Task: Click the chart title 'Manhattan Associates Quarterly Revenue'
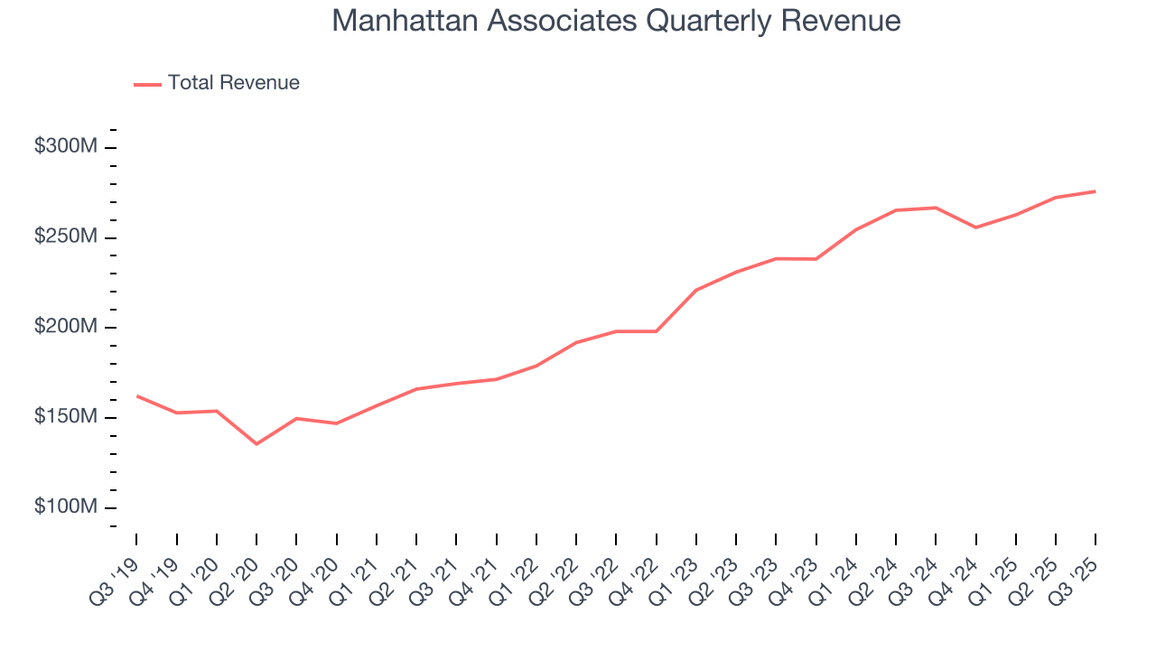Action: point(616,20)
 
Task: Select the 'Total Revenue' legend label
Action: point(233,83)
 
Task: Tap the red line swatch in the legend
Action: point(147,84)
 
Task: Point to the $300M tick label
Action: point(65,147)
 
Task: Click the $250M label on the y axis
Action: point(65,237)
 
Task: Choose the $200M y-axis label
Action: point(65,327)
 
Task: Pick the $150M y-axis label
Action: point(65,417)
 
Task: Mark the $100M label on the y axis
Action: point(65,507)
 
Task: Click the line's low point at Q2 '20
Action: point(256,443)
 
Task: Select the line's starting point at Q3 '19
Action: point(137,395)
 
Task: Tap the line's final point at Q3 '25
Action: point(1095,191)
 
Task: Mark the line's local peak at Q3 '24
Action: point(936,208)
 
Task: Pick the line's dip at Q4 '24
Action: point(975,227)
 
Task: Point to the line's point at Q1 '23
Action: point(696,290)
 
